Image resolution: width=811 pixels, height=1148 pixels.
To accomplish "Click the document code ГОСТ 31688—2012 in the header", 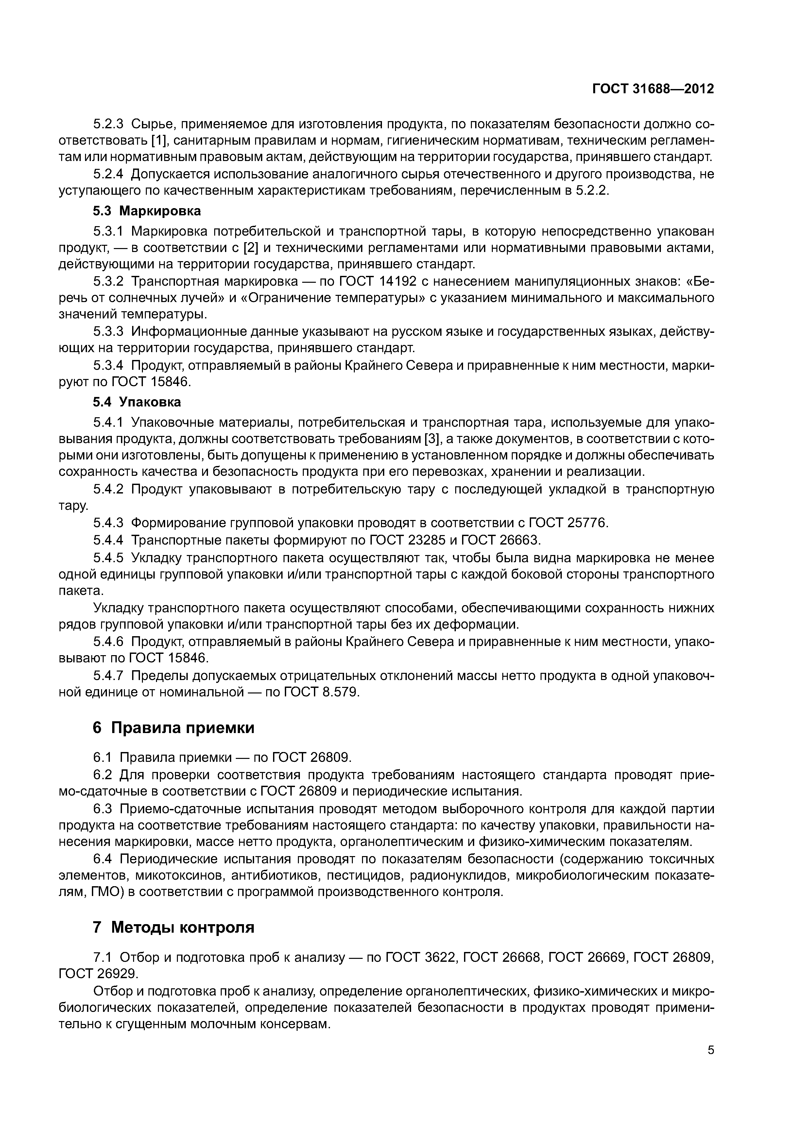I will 653,89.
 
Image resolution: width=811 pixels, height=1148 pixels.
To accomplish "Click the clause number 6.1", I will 104,758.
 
